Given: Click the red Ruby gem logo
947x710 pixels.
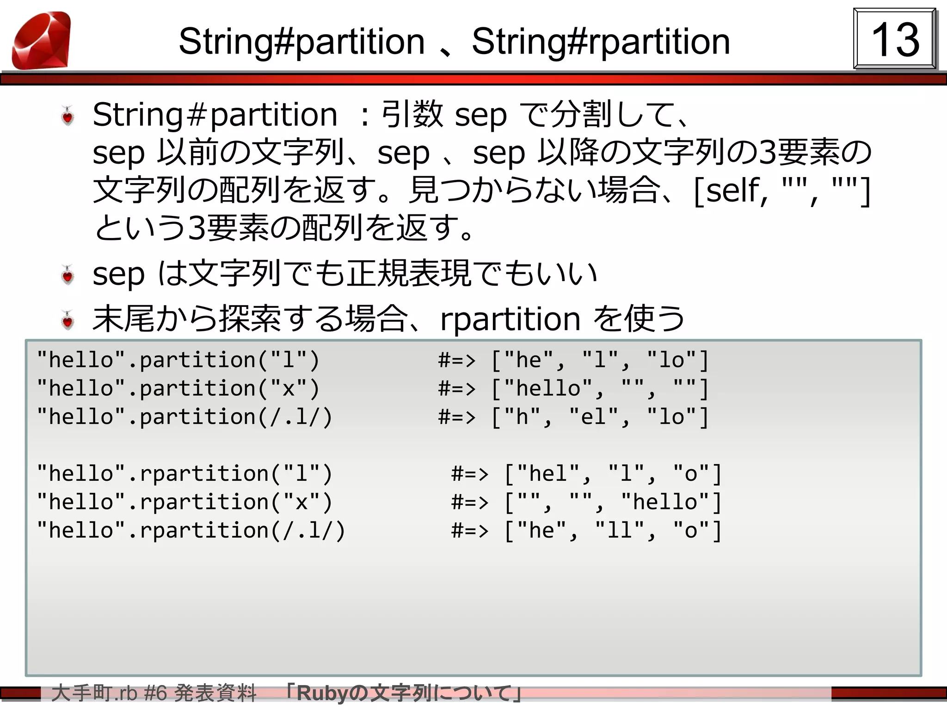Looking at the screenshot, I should click(42, 41).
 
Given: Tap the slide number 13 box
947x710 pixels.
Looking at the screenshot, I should click(894, 39).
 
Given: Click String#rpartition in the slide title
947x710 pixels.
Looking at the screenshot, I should click(601, 42).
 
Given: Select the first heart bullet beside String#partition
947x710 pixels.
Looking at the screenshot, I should click(68, 116).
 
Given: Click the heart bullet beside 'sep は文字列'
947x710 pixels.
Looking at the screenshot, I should click(68, 275).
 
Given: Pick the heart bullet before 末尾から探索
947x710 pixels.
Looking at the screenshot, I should click(68, 320).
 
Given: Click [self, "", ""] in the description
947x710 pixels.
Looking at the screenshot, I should click(781, 190).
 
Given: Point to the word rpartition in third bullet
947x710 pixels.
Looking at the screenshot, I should click(510, 319).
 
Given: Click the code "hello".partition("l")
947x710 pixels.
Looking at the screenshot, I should click(178, 360).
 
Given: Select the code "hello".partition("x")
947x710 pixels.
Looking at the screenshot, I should click(178, 388).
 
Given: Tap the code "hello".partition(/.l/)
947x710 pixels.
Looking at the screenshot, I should click(184, 417).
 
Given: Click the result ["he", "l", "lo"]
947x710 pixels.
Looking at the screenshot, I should click(600, 360).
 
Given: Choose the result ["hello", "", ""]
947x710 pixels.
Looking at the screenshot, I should click(600, 388).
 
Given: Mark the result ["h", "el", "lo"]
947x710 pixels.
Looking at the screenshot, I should click(600, 417).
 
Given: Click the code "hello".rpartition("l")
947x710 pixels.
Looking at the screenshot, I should click(184, 474).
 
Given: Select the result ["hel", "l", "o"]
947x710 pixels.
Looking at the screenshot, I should click(613, 474).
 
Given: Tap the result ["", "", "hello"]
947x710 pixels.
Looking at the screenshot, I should click(613, 502).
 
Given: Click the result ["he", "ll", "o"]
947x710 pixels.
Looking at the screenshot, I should click(613, 531).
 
